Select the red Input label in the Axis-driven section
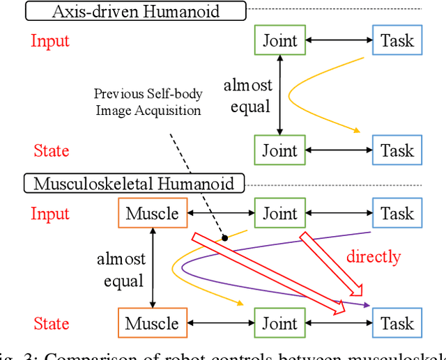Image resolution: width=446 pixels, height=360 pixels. pos(51,40)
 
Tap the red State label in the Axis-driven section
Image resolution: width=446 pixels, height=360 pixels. pos(52,150)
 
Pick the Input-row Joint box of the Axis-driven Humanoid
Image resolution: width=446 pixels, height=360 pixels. pos(279,40)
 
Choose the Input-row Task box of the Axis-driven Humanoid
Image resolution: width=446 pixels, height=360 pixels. pos(397,40)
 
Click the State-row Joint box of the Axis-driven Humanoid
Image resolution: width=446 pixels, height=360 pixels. pos(279,150)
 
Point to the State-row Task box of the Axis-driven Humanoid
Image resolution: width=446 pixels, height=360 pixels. pos(397,150)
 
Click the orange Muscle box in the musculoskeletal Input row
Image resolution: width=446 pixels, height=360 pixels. pos(152,213)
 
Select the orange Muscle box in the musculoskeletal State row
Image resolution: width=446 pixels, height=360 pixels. pos(152,323)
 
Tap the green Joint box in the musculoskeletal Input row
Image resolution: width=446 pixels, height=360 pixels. pos(279,213)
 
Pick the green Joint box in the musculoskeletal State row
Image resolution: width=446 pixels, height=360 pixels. pos(279,323)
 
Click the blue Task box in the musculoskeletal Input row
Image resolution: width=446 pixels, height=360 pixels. pos(397,213)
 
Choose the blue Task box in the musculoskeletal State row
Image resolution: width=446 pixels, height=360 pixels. pos(397,323)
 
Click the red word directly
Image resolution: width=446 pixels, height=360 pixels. pos(374,257)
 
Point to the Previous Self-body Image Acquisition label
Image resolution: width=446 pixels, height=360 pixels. pos(148,102)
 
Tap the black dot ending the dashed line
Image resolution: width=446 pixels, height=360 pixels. pos(225,238)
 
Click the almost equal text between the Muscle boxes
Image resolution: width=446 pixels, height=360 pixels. pos(121,270)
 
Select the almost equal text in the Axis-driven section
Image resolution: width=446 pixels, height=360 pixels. pos(247,96)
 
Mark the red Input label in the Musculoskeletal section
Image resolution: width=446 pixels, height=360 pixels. pos(51,213)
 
